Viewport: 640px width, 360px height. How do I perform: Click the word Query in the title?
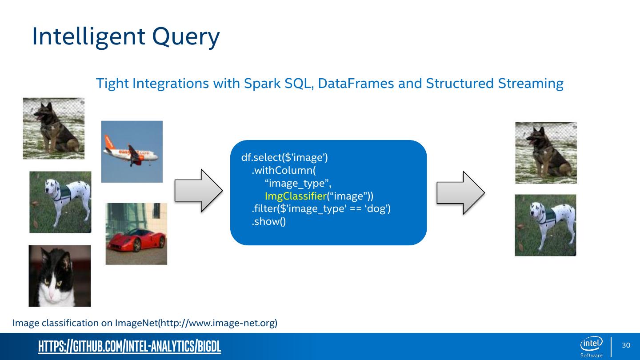point(185,37)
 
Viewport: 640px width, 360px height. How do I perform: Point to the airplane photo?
point(132,152)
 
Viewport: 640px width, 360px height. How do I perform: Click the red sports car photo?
point(136,234)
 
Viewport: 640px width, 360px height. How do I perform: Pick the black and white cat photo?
point(60,276)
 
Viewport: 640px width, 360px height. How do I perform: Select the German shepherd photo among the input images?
point(53,128)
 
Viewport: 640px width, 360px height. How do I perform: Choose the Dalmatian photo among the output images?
point(545,225)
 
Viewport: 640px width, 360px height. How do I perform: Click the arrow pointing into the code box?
point(198,190)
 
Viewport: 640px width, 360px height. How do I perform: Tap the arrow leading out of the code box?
point(460,192)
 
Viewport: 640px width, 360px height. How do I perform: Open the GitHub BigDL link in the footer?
point(129,347)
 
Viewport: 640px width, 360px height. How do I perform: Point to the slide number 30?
point(626,346)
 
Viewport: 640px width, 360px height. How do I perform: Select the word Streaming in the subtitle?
point(530,83)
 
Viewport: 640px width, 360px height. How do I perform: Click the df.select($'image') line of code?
point(284,157)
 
